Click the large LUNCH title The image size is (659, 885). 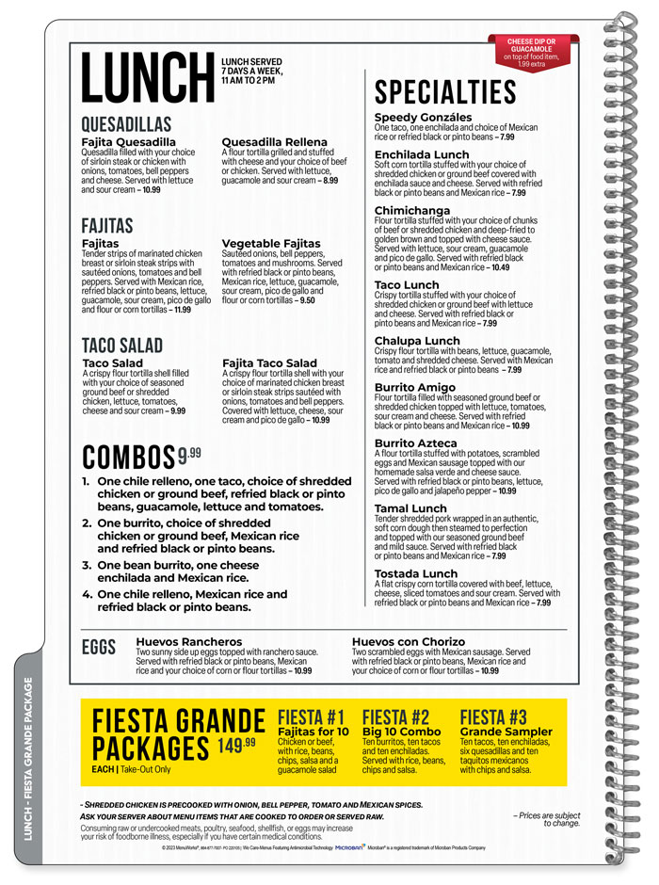tap(148, 76)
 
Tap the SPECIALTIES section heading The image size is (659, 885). tap(445, 92)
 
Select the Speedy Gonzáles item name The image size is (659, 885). tap(423, 118)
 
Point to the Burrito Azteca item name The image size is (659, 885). tap(415, 443)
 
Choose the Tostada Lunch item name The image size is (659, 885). tap(416, 573)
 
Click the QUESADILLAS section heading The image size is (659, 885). tap(126, 124)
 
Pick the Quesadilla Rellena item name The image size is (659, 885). tap(274, 142)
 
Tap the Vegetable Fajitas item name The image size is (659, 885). tap(271, 244)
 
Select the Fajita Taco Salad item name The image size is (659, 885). tap(269, 363)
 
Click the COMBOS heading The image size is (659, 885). tap(128, 457)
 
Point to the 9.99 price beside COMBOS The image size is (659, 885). tap(189, 454)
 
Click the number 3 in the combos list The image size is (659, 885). tap(87, 566)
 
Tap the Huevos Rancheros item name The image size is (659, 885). tap(189, 642)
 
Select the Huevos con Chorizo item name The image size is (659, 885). tap(409, 642)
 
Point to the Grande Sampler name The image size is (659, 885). tap(506, 732)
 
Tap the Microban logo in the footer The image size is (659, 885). tap(350, 847)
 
